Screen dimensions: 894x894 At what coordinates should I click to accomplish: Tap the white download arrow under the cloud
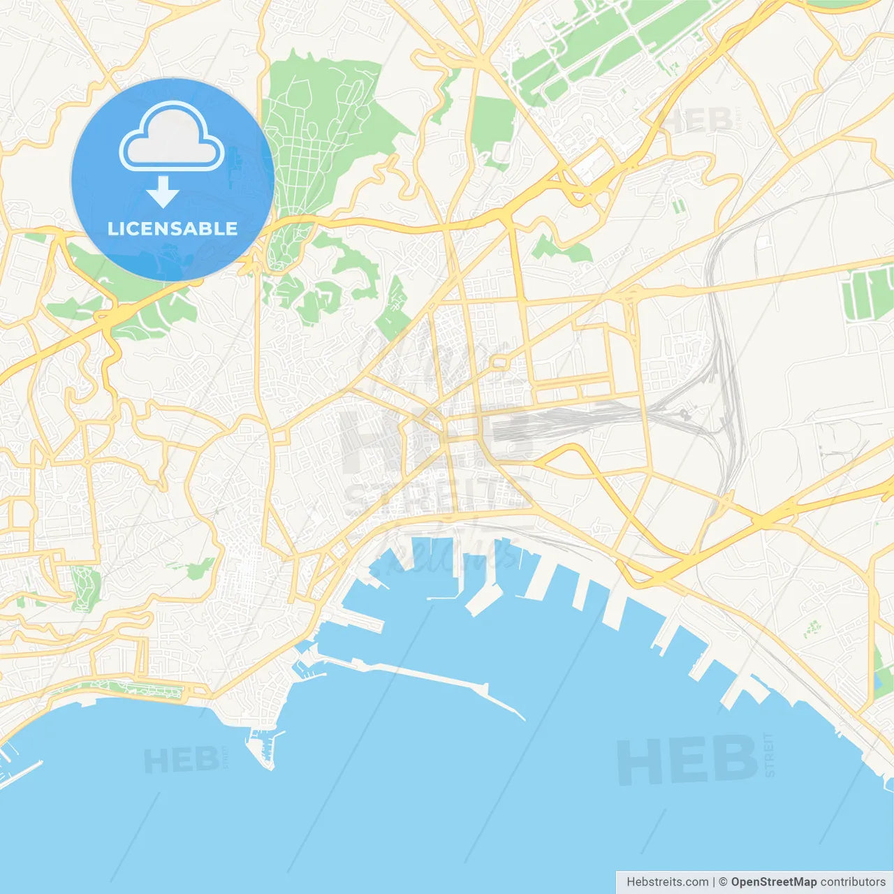163,192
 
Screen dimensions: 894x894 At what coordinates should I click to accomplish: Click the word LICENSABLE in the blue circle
173,228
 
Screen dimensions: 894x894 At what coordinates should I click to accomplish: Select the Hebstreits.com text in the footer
667,882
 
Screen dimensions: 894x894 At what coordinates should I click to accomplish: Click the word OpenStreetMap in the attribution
773,882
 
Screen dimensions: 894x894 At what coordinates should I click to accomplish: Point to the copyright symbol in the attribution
723,882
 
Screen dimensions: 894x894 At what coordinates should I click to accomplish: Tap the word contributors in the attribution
853,882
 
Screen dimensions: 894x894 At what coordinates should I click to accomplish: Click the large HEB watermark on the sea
687,761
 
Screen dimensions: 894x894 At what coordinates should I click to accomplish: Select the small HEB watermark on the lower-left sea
181,760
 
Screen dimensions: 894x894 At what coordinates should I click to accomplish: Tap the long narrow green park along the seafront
133,689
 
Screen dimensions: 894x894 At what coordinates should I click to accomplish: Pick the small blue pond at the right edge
878,682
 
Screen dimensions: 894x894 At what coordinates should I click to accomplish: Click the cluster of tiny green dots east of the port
811,628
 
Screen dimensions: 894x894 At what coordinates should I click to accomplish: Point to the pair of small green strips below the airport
677,205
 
